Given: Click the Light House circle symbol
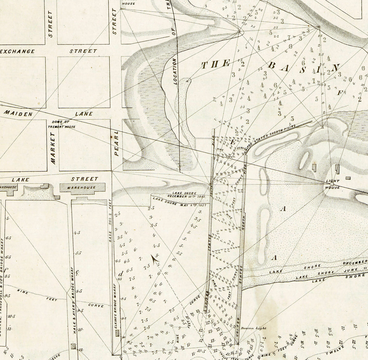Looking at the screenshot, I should coord(332,184).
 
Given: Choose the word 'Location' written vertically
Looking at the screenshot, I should coord(175,71).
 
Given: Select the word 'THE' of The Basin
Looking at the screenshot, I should coord(216,64).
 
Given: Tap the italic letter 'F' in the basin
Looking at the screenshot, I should coord(340,93).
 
